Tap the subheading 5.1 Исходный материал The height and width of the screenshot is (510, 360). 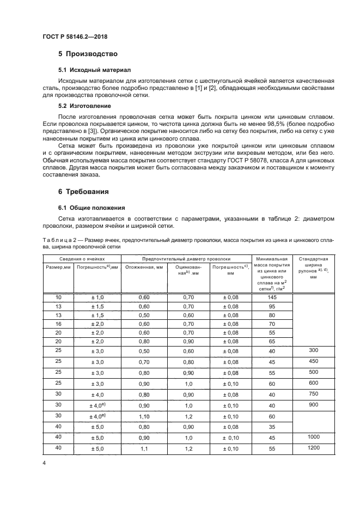coord(94,70)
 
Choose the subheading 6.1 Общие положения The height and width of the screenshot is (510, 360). coord(92,208)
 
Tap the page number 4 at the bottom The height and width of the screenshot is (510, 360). coord(44,463)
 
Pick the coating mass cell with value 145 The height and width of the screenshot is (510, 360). coord(272,297)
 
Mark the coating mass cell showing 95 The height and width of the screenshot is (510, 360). coord(272,307)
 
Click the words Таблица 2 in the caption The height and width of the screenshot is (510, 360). coord(59,239)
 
